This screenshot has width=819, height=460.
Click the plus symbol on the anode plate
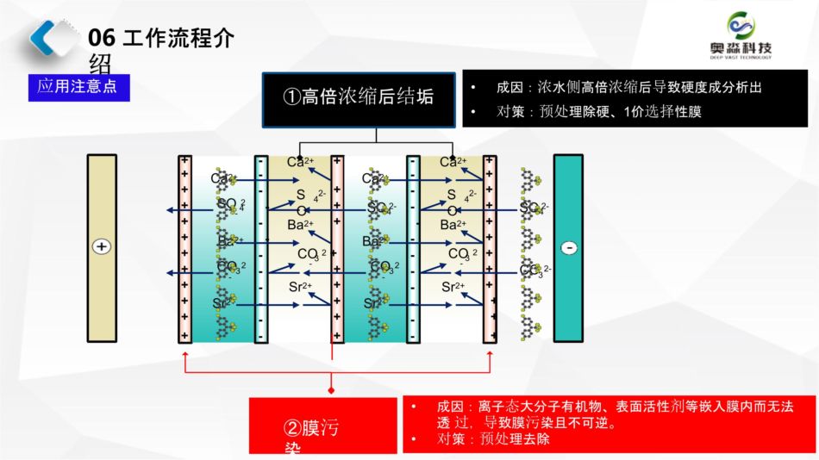tap(102, 247)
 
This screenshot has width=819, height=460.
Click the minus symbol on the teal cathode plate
tap(568, 248)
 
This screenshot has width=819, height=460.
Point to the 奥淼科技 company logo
tap(740, 35)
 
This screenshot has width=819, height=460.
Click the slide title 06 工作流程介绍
tap(160, 40)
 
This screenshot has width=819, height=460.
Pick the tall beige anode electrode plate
tap(102, 248)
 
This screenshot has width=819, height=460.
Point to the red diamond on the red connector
tap(331, 389)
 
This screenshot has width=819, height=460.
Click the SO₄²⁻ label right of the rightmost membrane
tap(535, 208)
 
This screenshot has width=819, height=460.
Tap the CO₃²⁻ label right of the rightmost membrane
tap(535, 271)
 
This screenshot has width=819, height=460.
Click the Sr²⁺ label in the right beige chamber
tap(453, 287)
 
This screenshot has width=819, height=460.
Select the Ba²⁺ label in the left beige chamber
tap(301, 226)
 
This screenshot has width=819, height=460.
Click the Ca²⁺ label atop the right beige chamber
tap(453, 162)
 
